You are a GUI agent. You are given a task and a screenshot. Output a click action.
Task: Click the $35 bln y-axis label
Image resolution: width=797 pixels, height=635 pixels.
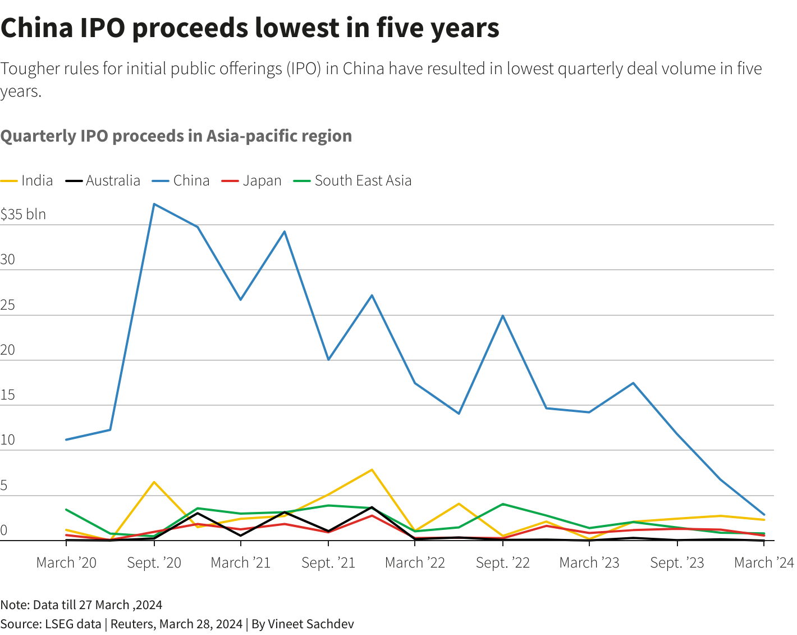click(24, 214)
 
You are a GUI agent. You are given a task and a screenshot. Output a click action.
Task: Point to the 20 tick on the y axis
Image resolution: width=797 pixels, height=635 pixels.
click(8, 350)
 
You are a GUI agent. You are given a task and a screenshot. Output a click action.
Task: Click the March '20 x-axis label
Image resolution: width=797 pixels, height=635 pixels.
click(66, 563)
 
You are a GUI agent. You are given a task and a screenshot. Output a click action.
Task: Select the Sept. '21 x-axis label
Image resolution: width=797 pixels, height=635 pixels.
click(328, 563)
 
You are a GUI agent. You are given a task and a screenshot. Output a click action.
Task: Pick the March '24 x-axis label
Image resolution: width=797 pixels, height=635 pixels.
click(764, 563)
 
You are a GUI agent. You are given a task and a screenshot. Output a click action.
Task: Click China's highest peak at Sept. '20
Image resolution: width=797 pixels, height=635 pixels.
click(154, 204)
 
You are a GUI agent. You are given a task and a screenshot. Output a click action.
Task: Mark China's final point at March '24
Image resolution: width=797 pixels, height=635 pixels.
click(764, 514)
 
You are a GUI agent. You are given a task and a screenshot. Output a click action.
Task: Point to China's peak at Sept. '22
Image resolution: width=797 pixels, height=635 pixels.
click(503, 316)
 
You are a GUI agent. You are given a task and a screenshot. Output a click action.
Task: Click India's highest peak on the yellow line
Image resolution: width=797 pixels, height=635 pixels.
click(372, 470)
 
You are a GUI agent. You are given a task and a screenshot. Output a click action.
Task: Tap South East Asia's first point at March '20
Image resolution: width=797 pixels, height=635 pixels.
click(66, 510)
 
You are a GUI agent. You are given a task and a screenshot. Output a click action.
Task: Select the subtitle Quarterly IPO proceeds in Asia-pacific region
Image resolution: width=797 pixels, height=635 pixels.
click(176, 136)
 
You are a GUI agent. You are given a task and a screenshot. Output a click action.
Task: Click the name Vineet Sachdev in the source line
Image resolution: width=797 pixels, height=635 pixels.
click(310, 624)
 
